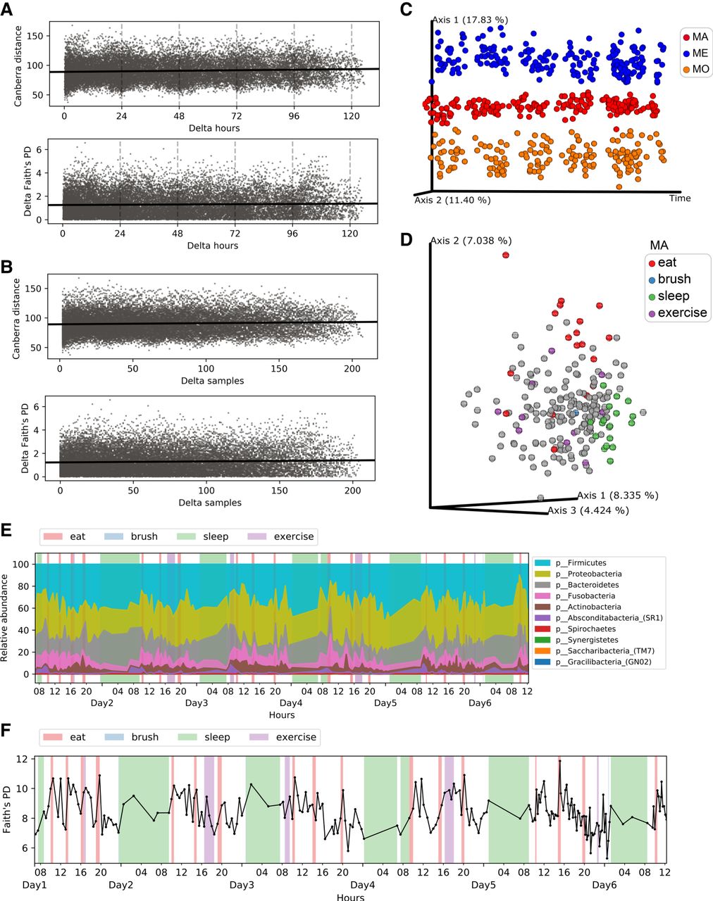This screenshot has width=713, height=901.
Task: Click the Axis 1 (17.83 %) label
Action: pyautogui.click(x=470, y=20)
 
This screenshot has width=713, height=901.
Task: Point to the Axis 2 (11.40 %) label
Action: pyautogui.click(x=452, y=200)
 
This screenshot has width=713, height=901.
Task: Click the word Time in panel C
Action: pyautogui.click(x=680, y=199)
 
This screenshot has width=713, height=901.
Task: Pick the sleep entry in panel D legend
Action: pyautogui.click(x=671, y=296)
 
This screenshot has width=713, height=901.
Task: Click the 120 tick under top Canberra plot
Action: pyautogui.click(x=351, y=117)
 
